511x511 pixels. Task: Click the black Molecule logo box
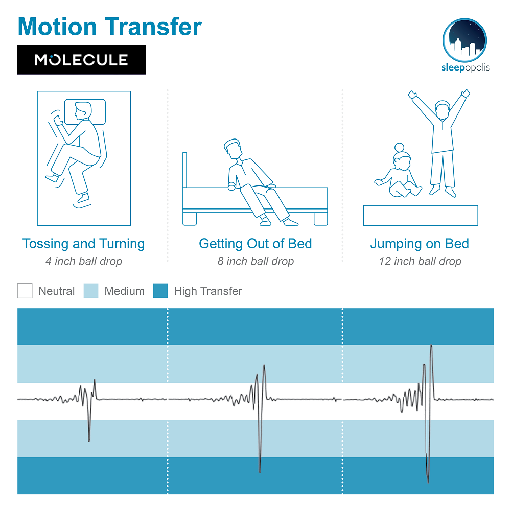pos(81,60)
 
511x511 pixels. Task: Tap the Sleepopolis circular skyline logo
pos(464,40)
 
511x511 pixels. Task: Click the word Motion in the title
pos(57,27)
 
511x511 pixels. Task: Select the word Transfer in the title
pos(153,27)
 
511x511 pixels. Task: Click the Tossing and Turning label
pos(83,244)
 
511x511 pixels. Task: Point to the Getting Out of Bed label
pos(255,244)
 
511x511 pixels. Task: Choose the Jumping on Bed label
pos(420,244)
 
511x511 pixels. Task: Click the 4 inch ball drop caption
pos(84,261)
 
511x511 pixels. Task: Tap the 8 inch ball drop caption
pos(256,261)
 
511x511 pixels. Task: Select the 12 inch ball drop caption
pos(420,261)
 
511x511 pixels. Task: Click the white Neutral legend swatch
pos(25,291)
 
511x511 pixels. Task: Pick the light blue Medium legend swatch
pos(91,291)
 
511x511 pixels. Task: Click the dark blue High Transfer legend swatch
pos(160,291)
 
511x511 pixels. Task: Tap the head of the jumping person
pos(442,109)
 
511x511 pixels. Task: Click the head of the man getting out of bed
pos(233,149)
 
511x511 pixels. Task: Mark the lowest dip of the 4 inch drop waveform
pos(89,441)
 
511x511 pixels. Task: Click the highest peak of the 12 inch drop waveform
pos(431,346)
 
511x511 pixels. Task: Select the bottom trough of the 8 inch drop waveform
pos(260,472)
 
